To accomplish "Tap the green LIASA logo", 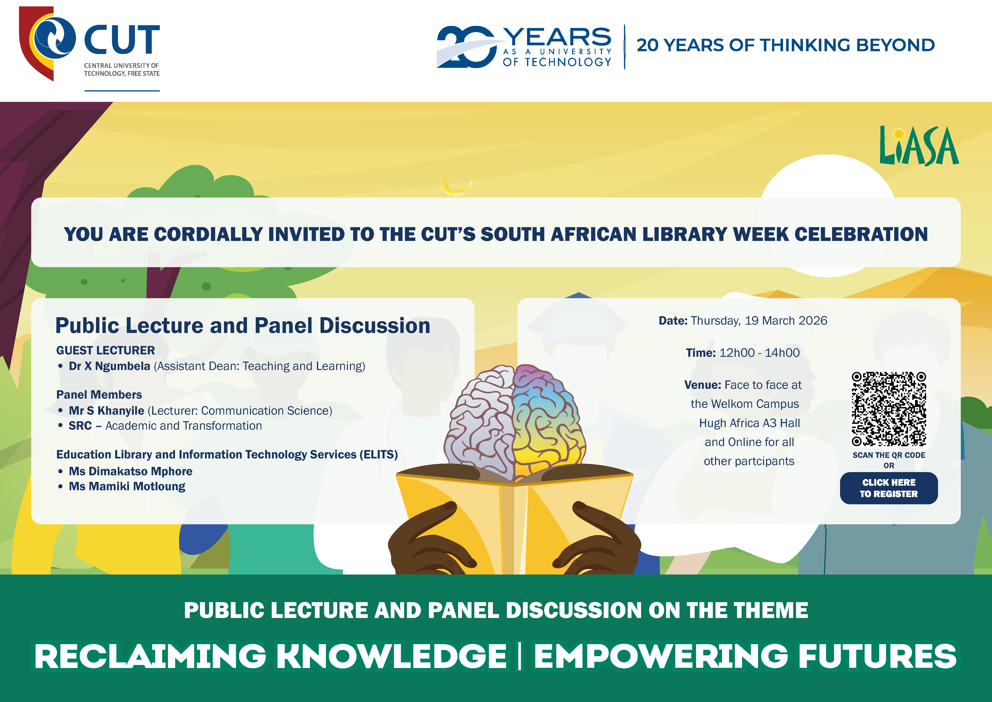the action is click(x=919, y=146).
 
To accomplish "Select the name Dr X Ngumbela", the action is click(x=109, y=366).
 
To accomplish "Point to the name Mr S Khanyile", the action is click(x=106, y=411).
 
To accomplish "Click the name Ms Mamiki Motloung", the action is click(x=127, y=486).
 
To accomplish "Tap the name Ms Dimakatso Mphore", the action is click(x=131, y=471).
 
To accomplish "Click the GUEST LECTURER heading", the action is click(x=105, y=350).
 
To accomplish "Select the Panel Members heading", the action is click(x=99, y=395).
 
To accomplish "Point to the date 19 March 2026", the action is click(x=786, y=321).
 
